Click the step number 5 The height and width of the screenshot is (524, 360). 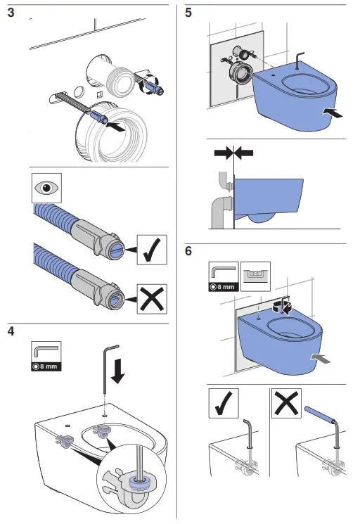188,13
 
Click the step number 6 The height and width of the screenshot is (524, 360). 188,251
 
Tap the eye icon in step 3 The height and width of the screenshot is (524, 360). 46,189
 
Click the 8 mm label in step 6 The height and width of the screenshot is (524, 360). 224,287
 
